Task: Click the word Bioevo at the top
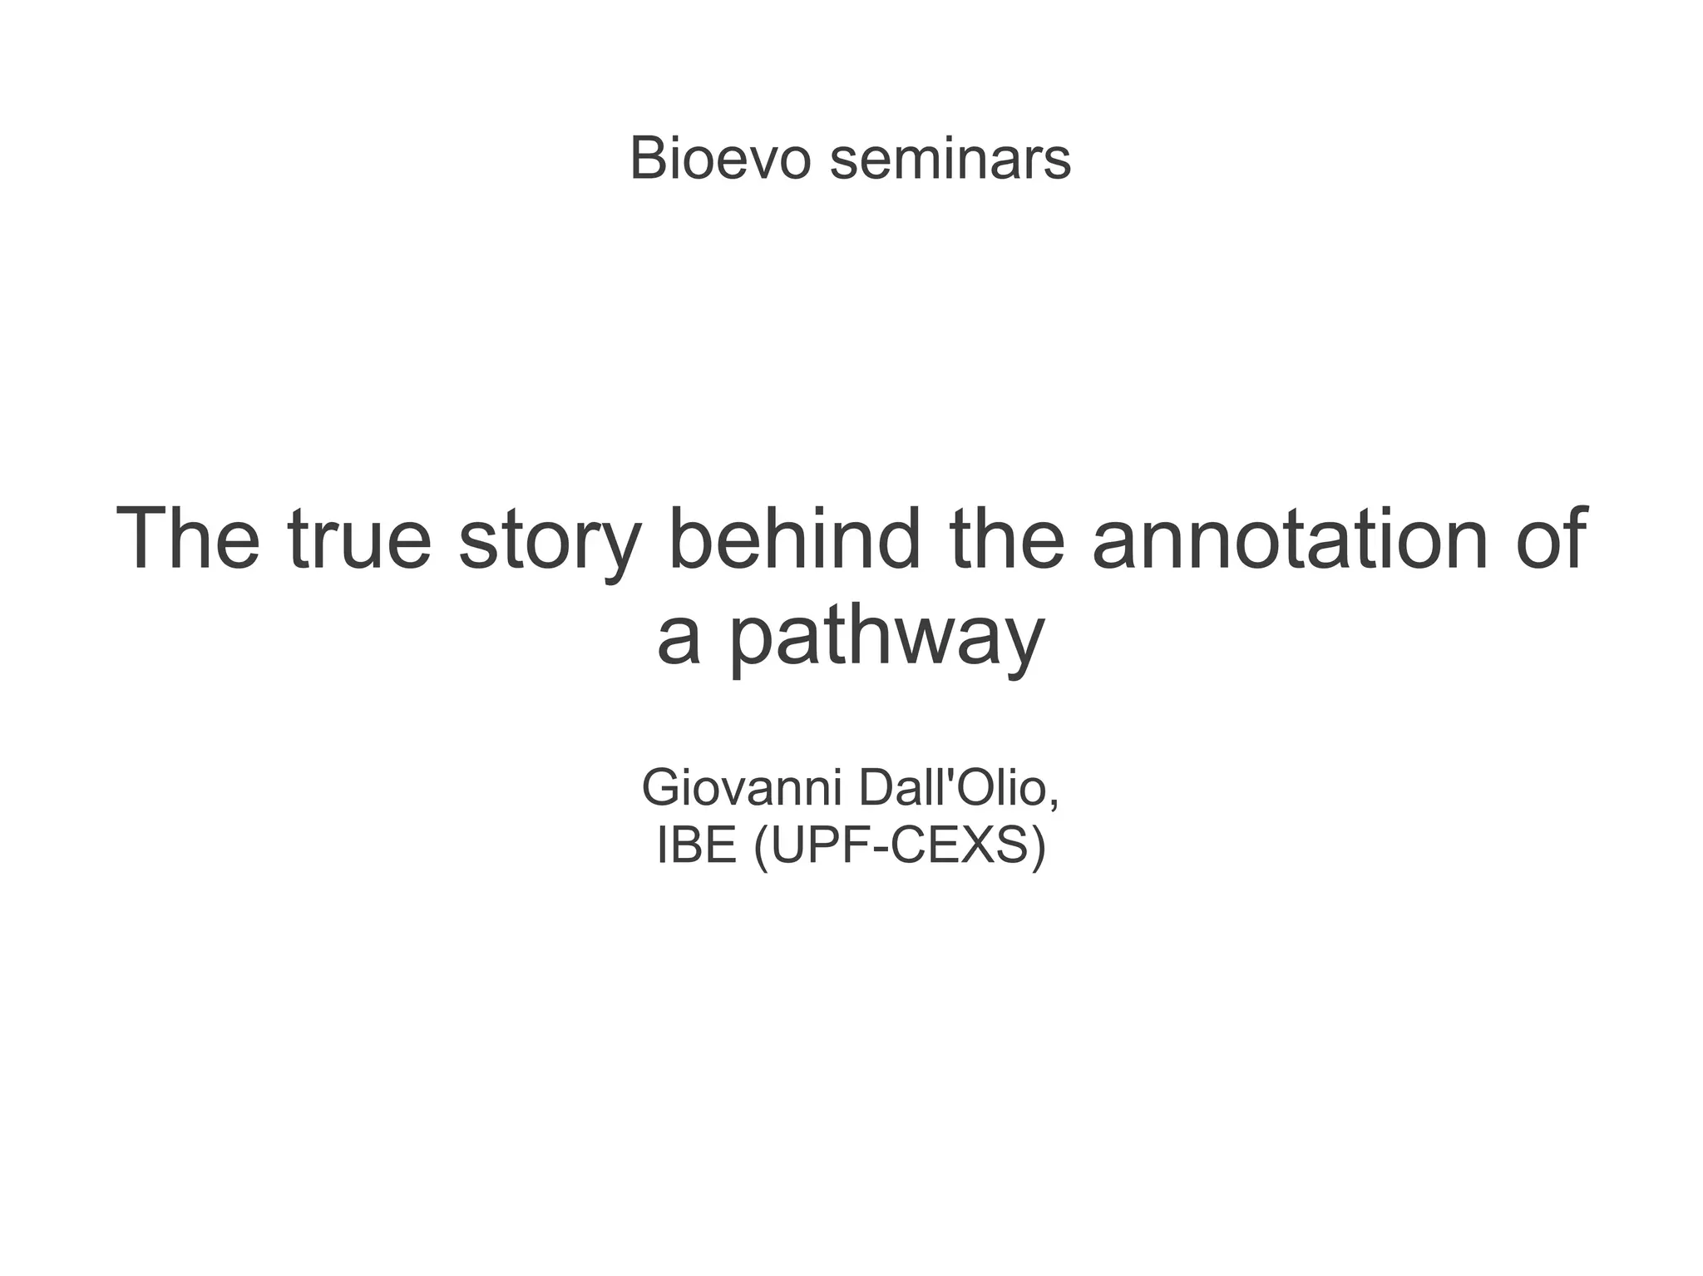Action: click(719, 158)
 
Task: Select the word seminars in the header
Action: click(950, 158)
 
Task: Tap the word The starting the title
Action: click(188, 540)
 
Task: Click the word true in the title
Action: click(359, 540)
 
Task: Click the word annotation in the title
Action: click(1291, 540)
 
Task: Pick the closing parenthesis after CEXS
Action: click(1037, 847)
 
